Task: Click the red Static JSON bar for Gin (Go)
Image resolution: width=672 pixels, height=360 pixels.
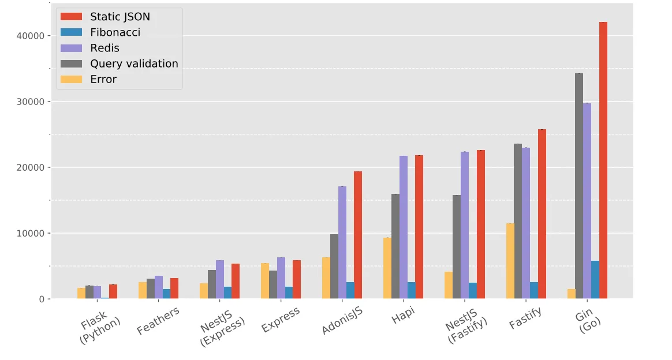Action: click(603, 160)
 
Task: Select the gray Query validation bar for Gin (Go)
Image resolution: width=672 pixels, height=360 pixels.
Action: click(579, 186)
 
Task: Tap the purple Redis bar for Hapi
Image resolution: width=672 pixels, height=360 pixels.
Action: click(404, 227)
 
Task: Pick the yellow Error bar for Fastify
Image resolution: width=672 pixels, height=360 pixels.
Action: click(510, 261)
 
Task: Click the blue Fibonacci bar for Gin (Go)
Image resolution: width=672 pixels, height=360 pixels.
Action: click(595, 280)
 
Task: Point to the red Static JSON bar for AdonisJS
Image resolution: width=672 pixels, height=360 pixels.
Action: click(358, 235)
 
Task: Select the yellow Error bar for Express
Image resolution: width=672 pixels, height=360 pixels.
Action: click(265, 281)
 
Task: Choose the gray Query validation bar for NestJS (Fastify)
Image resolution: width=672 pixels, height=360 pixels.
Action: click(457, 247)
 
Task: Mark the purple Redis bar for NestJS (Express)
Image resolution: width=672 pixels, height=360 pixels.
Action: click(220, 280)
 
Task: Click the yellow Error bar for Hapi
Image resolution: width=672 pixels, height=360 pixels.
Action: click(387, 268)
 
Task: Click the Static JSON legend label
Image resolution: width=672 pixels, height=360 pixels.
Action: click(120, 17)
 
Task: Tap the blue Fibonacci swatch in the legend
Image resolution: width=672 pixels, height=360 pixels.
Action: click(71, 32)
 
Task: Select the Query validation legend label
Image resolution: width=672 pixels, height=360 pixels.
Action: click(134, 63)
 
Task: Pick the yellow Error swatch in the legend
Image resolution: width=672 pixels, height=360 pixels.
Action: click(71, 79)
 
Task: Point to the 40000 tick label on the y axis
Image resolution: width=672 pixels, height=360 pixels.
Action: click(31, 36)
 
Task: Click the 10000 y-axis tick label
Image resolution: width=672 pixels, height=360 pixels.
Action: click(31, 233)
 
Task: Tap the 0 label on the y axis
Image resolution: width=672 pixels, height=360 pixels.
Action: click(42, 299)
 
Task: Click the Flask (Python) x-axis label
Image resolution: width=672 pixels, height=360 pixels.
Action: click(100, 328)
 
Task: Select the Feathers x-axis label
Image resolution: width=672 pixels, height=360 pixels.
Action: click(158, 321)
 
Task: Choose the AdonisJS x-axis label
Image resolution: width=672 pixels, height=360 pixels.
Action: click(342, 321)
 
